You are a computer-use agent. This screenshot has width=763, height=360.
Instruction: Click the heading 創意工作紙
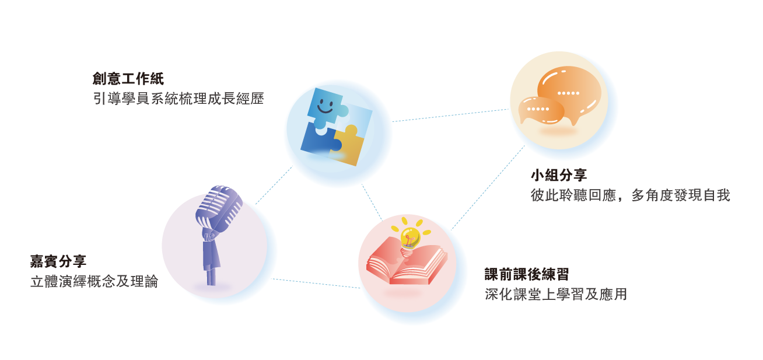point(128,79)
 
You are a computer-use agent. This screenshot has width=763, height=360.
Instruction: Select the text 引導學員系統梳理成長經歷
point(178,99)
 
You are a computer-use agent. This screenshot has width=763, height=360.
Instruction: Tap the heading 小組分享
point(559,176)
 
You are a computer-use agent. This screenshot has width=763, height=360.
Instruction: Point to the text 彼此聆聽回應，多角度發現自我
point(630,195)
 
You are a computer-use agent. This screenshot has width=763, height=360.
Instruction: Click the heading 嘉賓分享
point(58,262)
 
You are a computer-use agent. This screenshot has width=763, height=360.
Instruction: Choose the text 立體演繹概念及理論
point(94,282)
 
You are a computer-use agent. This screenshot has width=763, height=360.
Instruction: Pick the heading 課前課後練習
point(527,274)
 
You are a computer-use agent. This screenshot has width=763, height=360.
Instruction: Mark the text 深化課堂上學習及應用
point(555,295)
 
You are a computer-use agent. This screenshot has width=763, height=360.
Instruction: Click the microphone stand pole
point(211,274)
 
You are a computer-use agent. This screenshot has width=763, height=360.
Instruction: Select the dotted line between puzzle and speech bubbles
point(450,116)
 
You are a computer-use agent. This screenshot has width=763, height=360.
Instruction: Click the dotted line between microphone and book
point(315,283)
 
